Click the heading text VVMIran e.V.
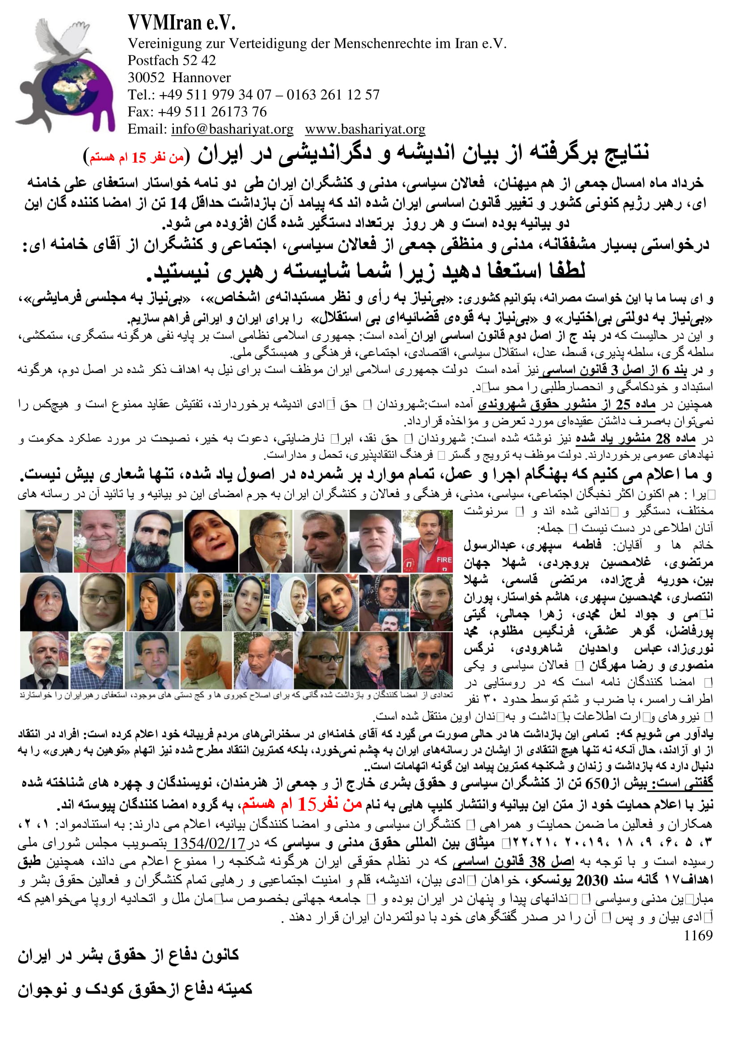pyautogui.click(x=181, y=22)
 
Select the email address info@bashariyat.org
pyautogui.click(x=232, y=129)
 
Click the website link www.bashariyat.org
pyautogui.click(x=365, y=129)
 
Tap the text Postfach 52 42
pyautogui.click(x=172, y=60)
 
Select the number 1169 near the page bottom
pyautogui.click(x=698, y=936)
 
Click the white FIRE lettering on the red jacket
pyautogui.click(x=443, y=560)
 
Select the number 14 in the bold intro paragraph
pyautogui.click(x=178, y=203)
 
